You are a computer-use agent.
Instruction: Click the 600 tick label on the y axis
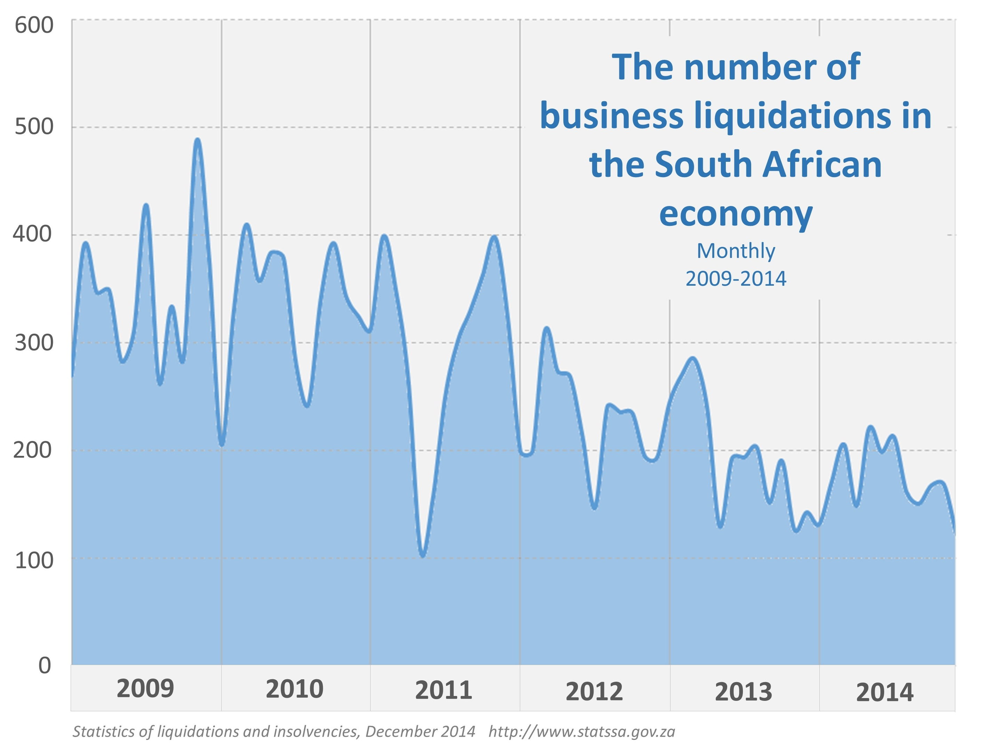(x=34, y=25)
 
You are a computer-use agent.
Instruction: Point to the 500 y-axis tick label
(x=34, y=127)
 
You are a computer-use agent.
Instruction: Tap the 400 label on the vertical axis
(x=33, y=234)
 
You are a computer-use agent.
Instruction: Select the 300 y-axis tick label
(x=34, y=342)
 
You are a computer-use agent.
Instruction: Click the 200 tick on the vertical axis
(x=33, y=450)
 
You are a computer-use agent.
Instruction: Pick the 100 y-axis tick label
(x=34, y=561)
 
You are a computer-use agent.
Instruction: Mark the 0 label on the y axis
(x=44, y=666)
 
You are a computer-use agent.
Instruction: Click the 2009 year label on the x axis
(x=145, y=689)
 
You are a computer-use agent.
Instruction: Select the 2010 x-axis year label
(x=294, y=689)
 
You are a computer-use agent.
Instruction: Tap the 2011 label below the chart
(x=444, y=690)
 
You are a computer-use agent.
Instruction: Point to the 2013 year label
(x=743, y=692)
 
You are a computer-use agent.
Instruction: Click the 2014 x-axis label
(x=885, y=692)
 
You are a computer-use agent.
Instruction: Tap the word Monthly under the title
(x=736, y=251)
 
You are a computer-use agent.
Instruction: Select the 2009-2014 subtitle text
(x=736, y=278)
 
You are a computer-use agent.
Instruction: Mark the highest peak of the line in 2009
(x=197, y=140)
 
